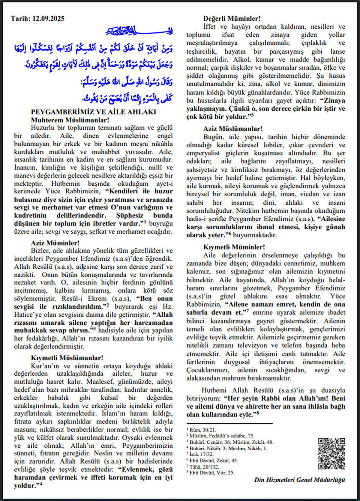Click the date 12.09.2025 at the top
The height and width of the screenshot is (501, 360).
tap(48, 19)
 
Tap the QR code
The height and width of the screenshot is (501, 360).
tap(331, 453)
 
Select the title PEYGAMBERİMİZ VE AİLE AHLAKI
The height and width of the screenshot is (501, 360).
tap(93, 112)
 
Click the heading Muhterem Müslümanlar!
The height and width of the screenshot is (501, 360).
tap(70, 120)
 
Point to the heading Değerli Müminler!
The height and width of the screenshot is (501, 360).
tap(232, 19)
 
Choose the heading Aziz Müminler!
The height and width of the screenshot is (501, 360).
tap(55, 243)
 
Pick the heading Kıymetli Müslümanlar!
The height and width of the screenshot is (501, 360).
tap(67, 358)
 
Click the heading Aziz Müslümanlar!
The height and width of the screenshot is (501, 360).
tap(233, 129)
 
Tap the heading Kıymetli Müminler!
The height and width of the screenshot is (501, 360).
tap(234, 247)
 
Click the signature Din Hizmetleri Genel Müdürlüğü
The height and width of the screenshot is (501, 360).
tap(299, 480)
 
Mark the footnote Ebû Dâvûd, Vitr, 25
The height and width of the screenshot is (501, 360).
tap(212, 473)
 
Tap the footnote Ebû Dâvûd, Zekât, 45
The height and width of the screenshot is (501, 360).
tap(213, 461)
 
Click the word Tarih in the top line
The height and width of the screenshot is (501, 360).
tap(20, 19)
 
